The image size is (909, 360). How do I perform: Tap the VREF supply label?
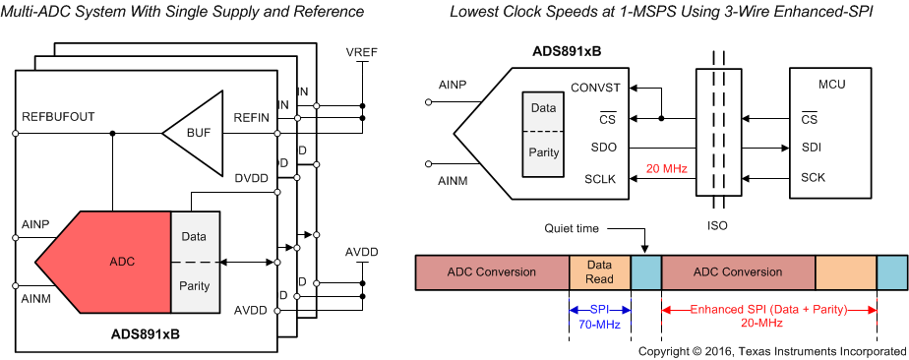click(x=362, y=50)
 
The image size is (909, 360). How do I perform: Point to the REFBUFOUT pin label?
click(x=58, y=116)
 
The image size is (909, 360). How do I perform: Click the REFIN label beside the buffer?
click(x=251, y=118)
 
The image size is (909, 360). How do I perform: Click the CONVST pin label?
click(x=594, y=87)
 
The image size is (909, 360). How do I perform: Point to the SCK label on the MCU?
click(x=812, y=178)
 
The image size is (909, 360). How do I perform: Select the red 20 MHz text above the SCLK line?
click(x=666, y=168)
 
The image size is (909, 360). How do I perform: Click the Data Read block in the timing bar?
click(x=599, y=271)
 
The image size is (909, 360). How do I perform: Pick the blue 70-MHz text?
click(x=600, y=323)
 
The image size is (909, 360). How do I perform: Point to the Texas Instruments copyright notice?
click(x=771, y=351)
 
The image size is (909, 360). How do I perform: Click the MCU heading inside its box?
click(x=831, y=85)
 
